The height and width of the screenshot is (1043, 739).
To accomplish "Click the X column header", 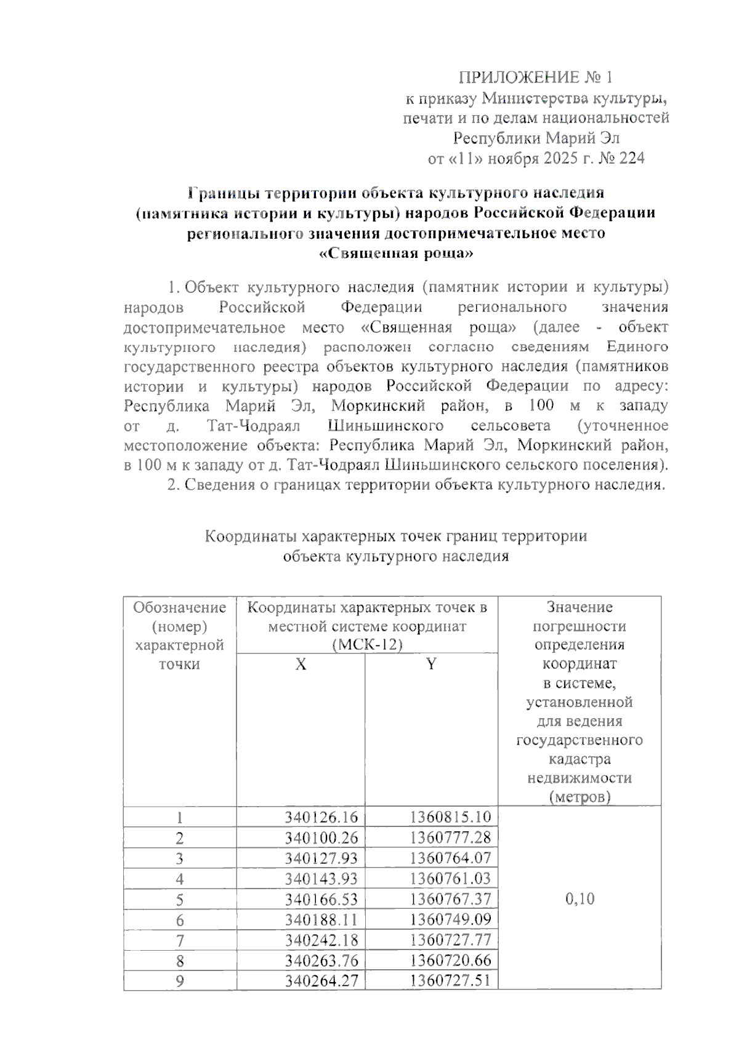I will tap(301, 665).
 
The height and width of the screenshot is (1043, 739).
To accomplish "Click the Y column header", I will tap(431, 665).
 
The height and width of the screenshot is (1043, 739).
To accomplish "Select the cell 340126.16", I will tap(321, 817).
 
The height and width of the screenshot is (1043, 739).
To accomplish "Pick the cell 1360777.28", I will tap(450, 837).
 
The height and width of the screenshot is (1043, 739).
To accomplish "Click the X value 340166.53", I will tap(321, 900).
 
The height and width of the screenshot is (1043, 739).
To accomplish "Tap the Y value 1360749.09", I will tap(450, 920).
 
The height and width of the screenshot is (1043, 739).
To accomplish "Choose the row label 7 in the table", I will tap(180, 941).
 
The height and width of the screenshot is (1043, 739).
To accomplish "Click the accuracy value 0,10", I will tap(579, 899).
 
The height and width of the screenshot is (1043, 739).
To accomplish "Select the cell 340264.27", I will tap(321, 981).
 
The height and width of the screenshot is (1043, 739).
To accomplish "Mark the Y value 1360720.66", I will tap(450, 961).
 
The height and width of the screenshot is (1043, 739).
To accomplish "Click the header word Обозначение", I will tap(180, 608).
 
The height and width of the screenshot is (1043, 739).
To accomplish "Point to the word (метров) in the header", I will tap(579, 797).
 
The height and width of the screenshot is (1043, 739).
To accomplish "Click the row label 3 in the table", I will tap(180, 858).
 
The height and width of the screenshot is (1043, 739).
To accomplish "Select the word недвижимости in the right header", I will tap(579, 778).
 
